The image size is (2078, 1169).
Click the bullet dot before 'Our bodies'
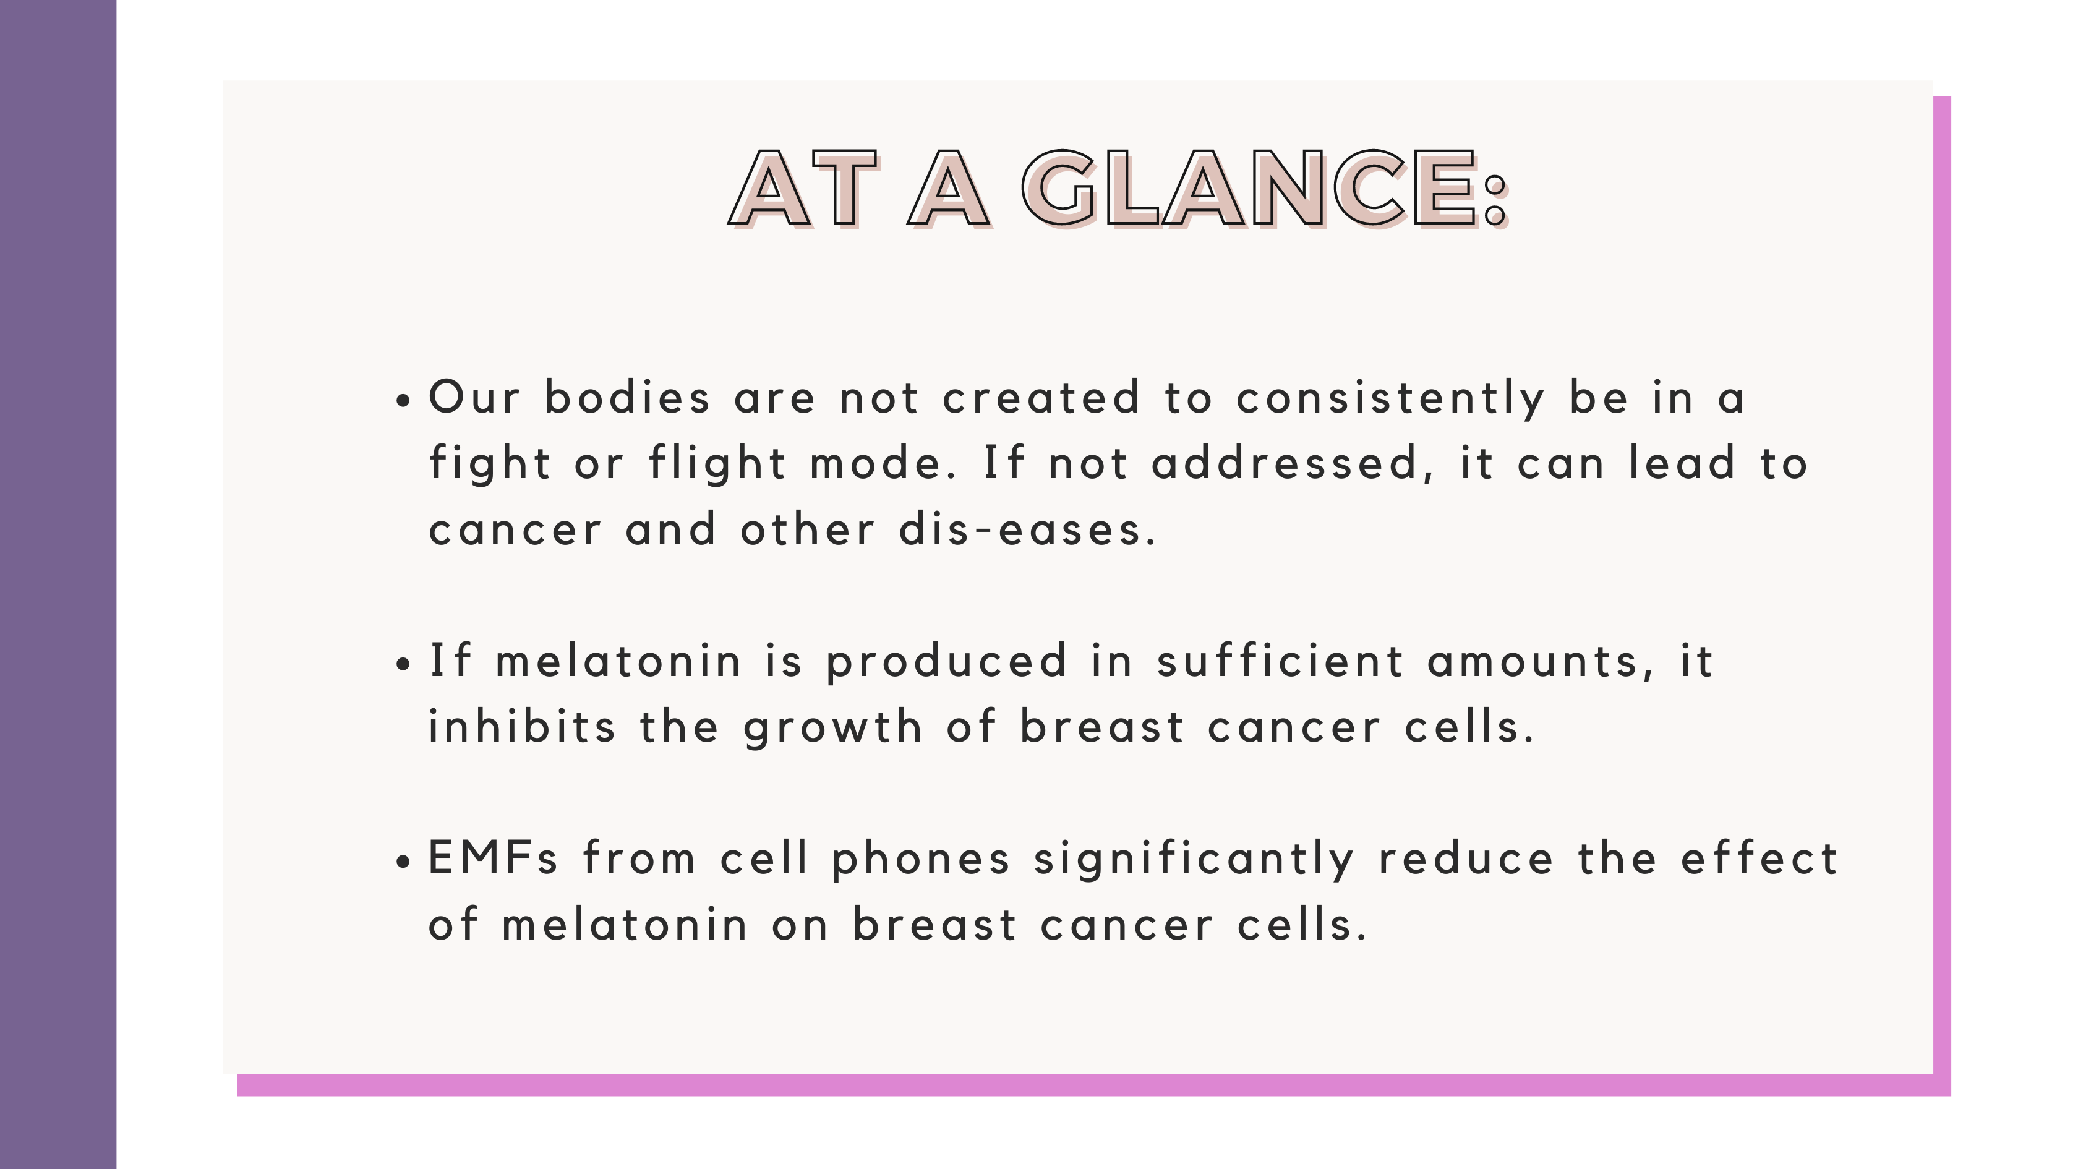[x=404, y=401]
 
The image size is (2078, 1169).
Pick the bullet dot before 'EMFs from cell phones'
[x=404, y=862]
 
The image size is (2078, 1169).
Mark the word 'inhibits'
[x=522, y=726]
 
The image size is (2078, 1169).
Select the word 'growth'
[x=833, y=728]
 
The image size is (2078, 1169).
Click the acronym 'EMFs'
[x=493, y=858]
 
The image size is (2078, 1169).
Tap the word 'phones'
[x=920, y=860]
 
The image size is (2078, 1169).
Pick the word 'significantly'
[x=1194, y=860]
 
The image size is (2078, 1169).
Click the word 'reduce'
[x=1466, y=858]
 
